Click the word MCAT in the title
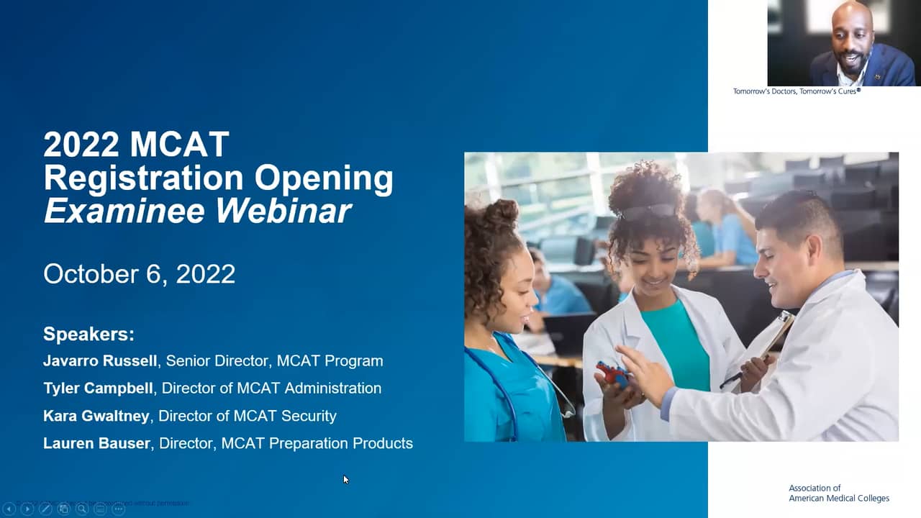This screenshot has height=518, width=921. pos(180,145)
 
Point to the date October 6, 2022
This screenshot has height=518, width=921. pos(140,274)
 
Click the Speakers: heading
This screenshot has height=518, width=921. pos(89,334)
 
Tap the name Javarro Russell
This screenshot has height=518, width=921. pos(100,361)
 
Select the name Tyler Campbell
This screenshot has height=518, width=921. pos(98,388)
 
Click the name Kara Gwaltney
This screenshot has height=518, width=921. pos(96,416)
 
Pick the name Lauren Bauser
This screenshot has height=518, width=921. pos(97,443)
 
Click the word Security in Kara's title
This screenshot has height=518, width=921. pos(309,416)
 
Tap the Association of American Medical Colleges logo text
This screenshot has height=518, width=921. pos(838,493)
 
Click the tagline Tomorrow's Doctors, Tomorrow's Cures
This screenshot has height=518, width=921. pos(797,91)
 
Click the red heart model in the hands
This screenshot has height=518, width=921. pos(611,373)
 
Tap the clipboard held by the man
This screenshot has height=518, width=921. pos(773,338)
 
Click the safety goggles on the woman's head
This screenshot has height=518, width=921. pos(648,211)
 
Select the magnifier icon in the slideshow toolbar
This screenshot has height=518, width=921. pos(82,509)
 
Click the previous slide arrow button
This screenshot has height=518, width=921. pos(9,509)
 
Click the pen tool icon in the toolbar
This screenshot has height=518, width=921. pos(45,509)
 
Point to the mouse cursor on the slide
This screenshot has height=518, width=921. pos(345,479)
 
